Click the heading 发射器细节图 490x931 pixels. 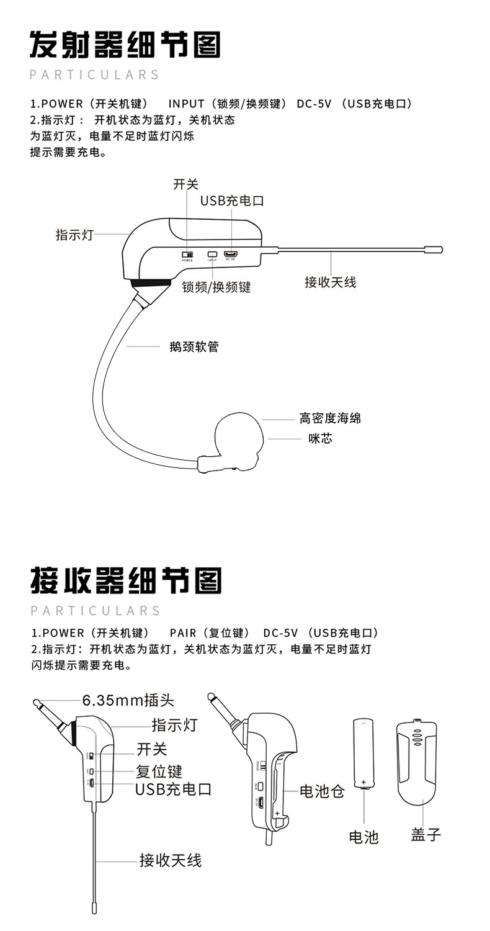[x=125, y=45]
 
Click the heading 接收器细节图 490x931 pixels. [x=125, y=580]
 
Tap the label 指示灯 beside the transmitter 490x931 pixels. [x=74, y=235]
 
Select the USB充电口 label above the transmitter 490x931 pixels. [x=232, y=201]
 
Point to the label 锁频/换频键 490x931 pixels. [x=216, y=287]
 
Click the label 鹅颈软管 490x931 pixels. [x=194, y=347]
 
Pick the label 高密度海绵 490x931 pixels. [x=330, y=418]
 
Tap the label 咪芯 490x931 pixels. [x=321, y=439]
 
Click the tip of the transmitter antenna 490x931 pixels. [x=433, y=250]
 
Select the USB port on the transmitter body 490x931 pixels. [x=231, y=254]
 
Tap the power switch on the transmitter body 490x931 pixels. [x=187, y=254]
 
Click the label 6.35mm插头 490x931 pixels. [x=128, y=700]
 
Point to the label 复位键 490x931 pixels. [x=159, y=771]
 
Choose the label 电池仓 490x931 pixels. [x=321, y=791]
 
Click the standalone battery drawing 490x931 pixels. [x=363, y=753]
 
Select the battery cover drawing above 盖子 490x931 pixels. [x=416, y=761]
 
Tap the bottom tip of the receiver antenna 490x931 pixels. [x=94, y=907]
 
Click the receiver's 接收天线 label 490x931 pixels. [x=170, y=860]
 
